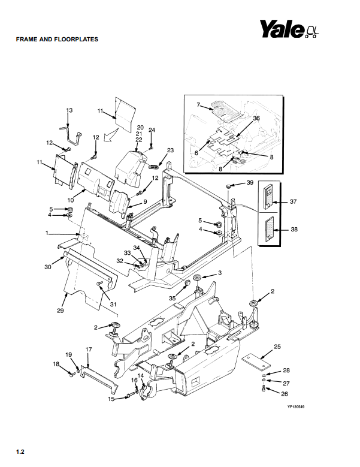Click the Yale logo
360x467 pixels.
[x=289, y=29]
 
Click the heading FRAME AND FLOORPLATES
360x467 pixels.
[x=57, y=40]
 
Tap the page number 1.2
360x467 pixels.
[x=20, y=452]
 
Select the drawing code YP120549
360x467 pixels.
[x=296, y=407]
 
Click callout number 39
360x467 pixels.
[x=250, y=182]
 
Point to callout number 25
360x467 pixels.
[x=277, y=347]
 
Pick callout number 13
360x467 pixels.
[x=69, y=110]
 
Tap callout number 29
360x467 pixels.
[x=60, y=311]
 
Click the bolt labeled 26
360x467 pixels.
[x=264, y=388]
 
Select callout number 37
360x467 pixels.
[x=294, y=201]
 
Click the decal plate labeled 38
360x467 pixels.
[x=269, y=229]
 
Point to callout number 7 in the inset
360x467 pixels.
[x=198, y=105]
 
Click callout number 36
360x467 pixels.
[x=256, y=118]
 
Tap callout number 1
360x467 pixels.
[x=47, y=233]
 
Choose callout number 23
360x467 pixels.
[x=170, y=150]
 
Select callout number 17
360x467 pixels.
[x=89, y=349]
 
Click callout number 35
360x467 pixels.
[x=173, y=298]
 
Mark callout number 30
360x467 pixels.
[x=48, y=267]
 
